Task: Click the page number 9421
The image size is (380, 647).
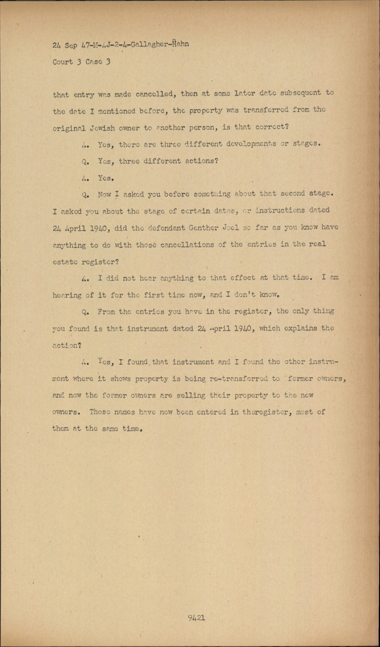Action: pyautogui.click(x=196, y=617)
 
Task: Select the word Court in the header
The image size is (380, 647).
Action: pyautogui.click(x=63, y=62)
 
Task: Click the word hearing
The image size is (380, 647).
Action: pyautogui.click(x=67, y=295)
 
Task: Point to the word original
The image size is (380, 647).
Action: pyautogui.click(x=69, y=128)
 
